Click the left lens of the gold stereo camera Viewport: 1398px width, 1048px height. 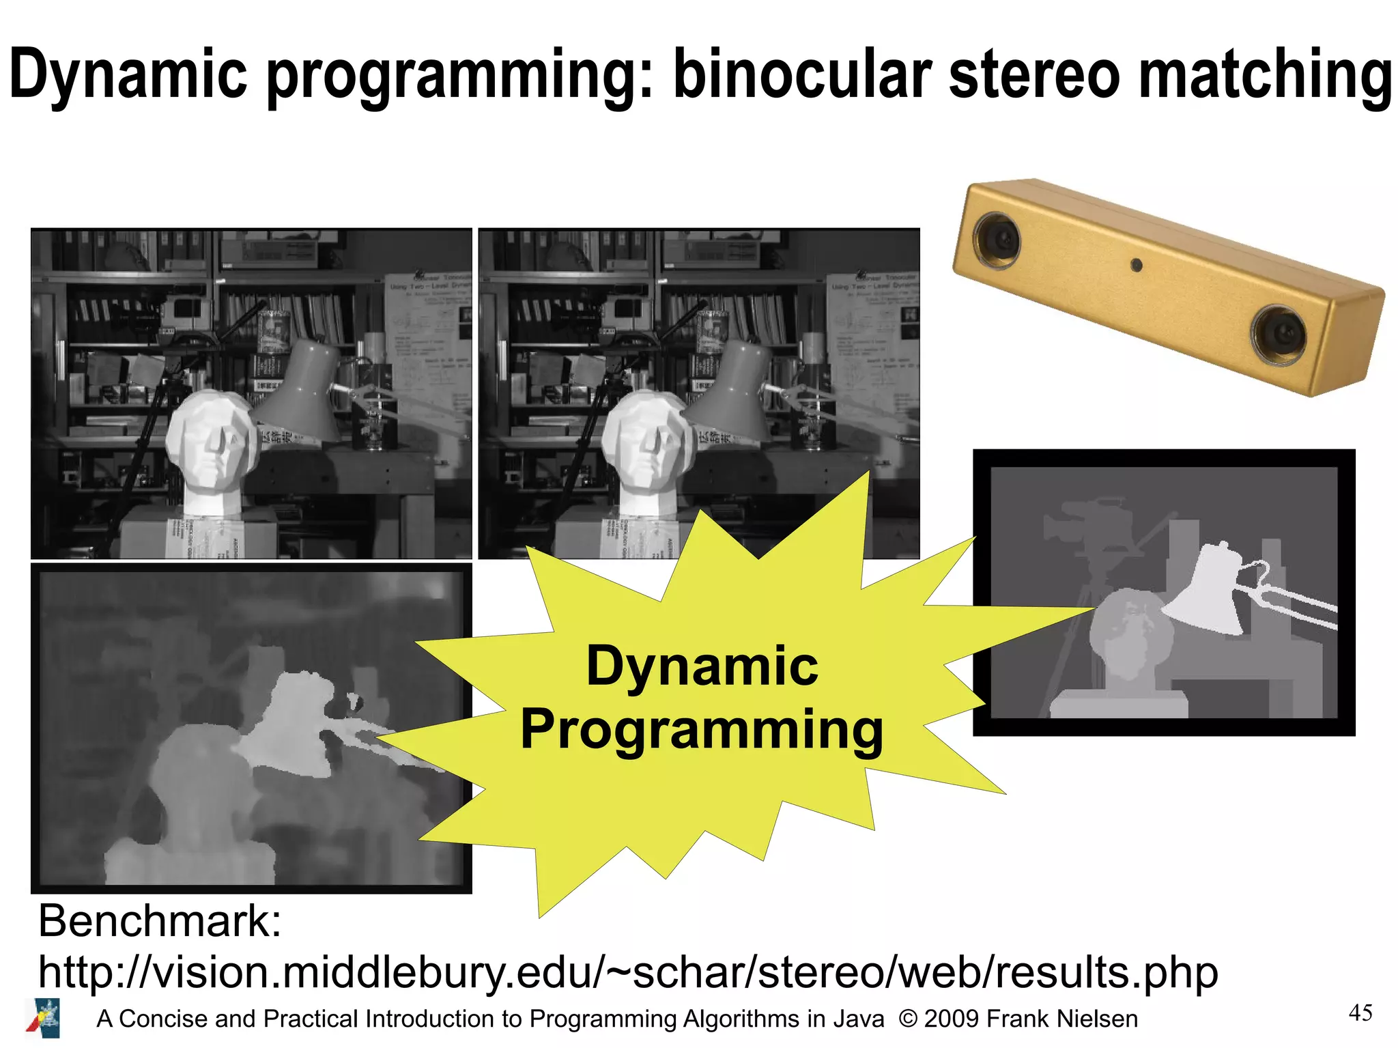point(999,239)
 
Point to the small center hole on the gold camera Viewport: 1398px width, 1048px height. point(1137,264)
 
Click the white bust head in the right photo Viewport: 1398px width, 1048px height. point(645,440)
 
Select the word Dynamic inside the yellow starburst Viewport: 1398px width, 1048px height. point(702,666)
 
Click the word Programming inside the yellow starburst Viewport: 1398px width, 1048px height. point(702,729)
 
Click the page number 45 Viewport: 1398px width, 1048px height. point(1360,1012)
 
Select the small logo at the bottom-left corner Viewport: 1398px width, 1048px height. point(44,1018)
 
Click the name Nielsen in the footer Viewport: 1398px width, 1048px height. point(1097,1019)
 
